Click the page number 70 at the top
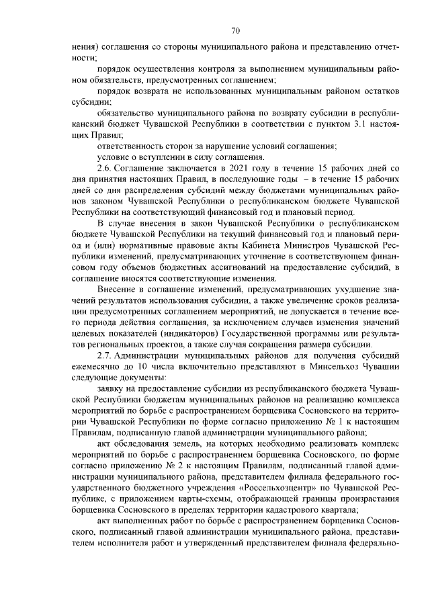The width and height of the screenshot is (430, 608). click(x=236, y=30)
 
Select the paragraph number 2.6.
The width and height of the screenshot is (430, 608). click(x=106, y=167)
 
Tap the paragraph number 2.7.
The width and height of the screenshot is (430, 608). click(x=106, y=355)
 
